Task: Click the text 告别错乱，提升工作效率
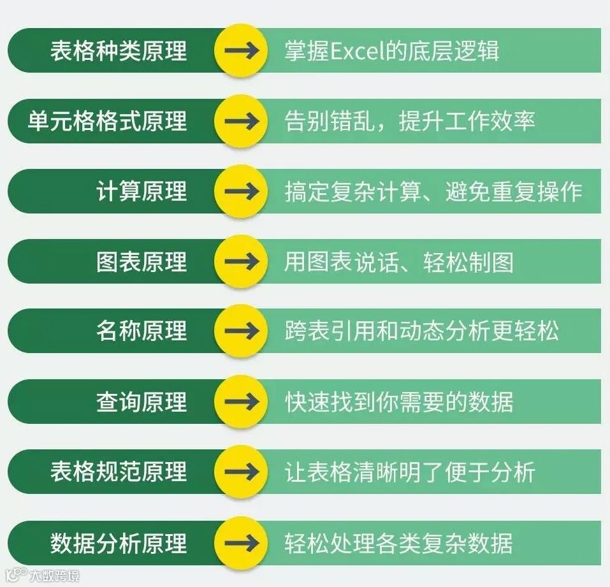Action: (x=409, y=121)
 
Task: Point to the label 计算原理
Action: (x=142, y=191)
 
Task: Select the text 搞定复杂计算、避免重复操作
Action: (x=433, y=191)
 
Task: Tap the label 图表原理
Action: (x=142, y=261)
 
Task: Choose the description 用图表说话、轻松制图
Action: (x=398, y=261)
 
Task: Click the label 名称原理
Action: (x=142, y=331)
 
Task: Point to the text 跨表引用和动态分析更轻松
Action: (x=421, y=331)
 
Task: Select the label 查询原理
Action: (x=142, y=402)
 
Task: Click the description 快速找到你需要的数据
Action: (x=398, y=402)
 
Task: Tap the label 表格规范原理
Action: (x=119, y=472)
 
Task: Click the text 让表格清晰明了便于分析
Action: (x=409, y=472)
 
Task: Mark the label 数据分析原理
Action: (x=119, y=543)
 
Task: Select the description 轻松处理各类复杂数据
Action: (x=398, y=543)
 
